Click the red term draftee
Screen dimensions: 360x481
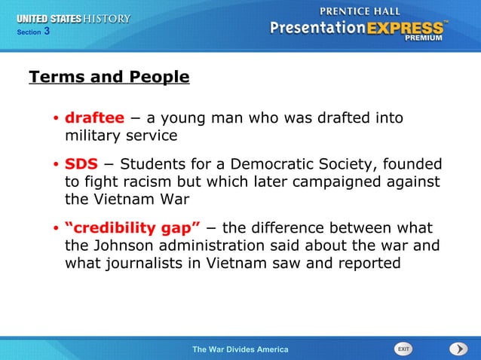94,118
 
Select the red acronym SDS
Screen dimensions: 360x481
81,164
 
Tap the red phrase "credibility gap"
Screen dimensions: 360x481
133,228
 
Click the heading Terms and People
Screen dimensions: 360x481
109,77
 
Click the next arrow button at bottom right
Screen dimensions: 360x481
458,349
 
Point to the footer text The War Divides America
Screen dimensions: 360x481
240,349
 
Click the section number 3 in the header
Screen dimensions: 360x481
47,31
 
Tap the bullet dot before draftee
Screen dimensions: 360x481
56,119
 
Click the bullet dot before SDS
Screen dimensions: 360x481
56,165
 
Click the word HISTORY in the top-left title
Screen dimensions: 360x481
108,18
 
